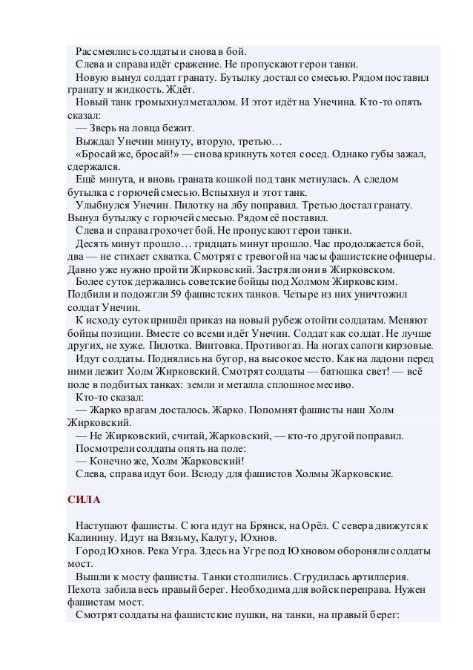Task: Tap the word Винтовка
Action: click(193, 346)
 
